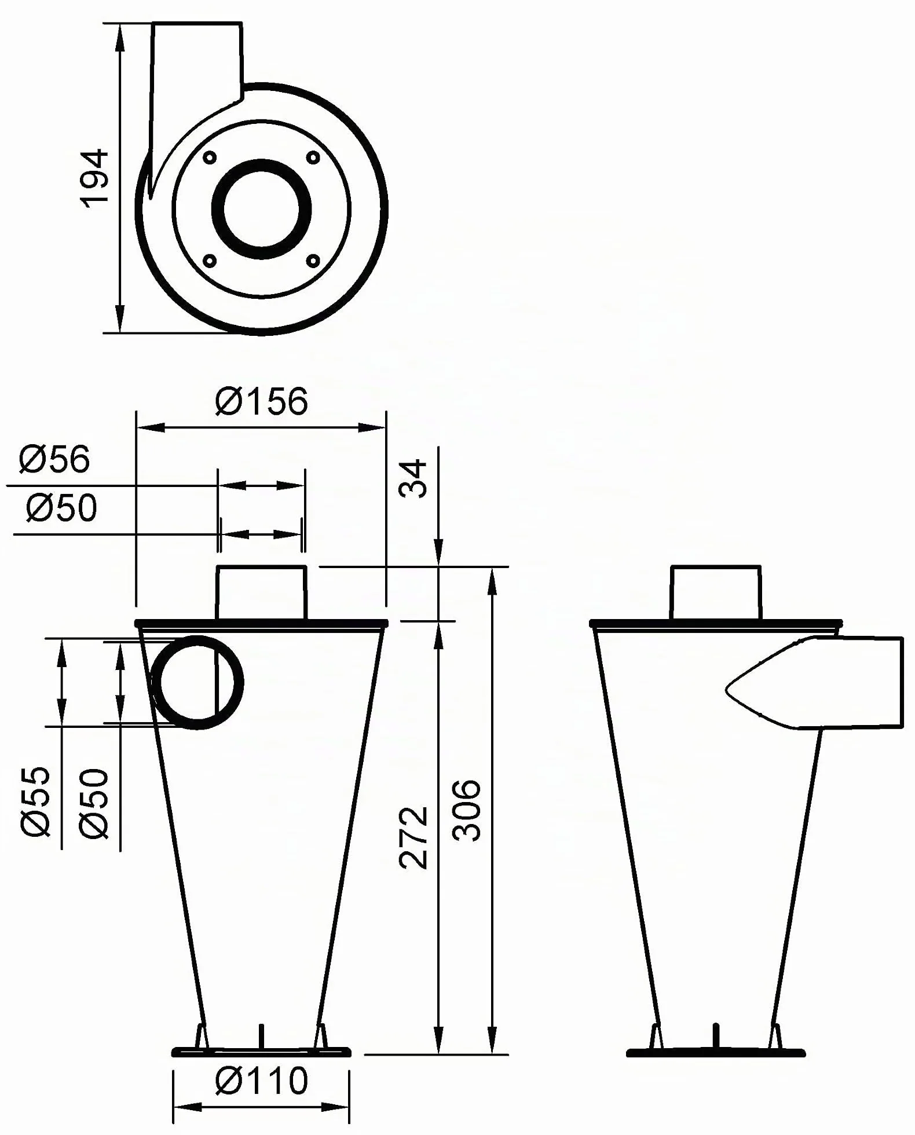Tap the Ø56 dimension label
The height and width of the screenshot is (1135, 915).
54,459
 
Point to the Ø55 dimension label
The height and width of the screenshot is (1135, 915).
36,802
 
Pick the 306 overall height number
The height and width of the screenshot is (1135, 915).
466,811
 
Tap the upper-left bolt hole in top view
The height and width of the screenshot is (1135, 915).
210,158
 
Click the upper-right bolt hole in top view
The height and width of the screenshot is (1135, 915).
313,158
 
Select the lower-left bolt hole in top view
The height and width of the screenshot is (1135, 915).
210,261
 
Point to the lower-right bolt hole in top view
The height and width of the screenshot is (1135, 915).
313,261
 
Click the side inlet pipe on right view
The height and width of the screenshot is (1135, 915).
814,683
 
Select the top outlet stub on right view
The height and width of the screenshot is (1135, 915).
716,593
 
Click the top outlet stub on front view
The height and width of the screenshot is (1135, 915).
261,593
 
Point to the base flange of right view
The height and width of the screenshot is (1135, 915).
716,1052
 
